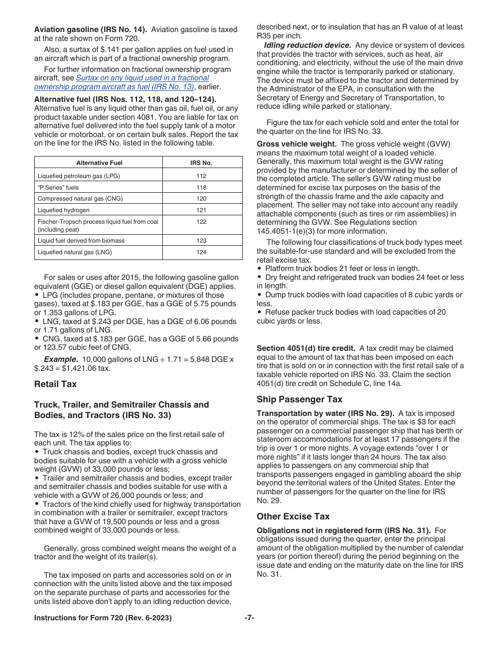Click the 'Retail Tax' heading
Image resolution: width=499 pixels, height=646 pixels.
[55, 384]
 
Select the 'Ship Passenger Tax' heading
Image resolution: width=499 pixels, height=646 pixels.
[299, 399]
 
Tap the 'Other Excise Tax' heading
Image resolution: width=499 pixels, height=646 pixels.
[293, 516]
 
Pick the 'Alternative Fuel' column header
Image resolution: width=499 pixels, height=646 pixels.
[99, 163]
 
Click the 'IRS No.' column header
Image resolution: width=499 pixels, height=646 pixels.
[201, 163]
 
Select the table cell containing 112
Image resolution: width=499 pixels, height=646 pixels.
[201, 176]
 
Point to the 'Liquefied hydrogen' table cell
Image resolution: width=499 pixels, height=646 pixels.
[64, 210]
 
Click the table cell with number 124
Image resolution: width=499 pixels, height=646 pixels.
[201, 252]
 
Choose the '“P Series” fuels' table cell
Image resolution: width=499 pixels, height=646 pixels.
[58, 187]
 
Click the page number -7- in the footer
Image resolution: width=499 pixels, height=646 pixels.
[250, 618]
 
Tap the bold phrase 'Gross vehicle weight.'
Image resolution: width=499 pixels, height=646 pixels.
[297, 144]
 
